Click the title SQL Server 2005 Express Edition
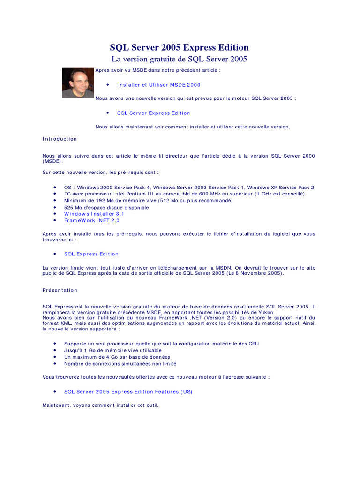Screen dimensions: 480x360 tap(179, 47)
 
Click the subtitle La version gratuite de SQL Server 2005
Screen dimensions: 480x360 tap(179, 59)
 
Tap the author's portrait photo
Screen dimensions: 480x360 tap(78, 83)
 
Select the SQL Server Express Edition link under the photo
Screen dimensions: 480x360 tap(153, 113)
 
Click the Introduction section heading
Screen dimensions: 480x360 tap(60, 139)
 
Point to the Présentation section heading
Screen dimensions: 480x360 tap(60, 290)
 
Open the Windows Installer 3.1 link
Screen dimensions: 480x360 tap(94, 214)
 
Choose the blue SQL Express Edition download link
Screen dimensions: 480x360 tap(91, 254)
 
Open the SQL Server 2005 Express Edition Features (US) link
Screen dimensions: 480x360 tap(128, 392)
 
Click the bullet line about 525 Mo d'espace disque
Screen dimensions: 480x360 tap(106, 207)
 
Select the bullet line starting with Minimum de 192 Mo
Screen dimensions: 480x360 tap(142, 201)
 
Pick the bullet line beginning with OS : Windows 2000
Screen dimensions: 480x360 tap(189, 187)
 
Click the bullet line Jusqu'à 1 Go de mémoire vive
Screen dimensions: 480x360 tap(112, 350)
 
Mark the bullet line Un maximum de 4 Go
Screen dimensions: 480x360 tap(111, 357)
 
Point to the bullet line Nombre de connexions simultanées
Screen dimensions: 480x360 tap(120, 363)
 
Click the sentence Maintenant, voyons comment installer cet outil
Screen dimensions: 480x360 tap(100, 405)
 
